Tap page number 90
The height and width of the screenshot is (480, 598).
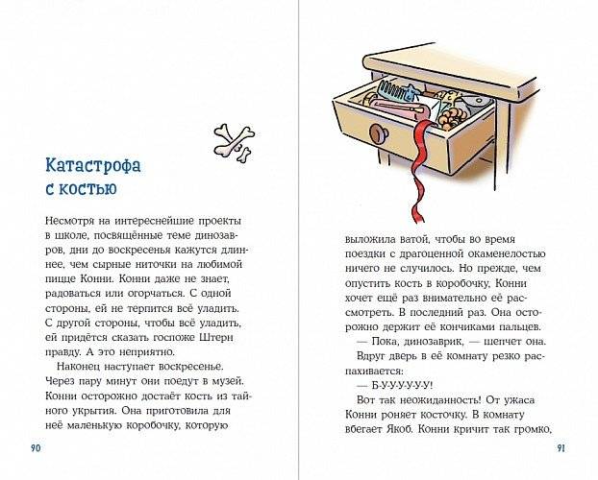(x=37, y=447)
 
